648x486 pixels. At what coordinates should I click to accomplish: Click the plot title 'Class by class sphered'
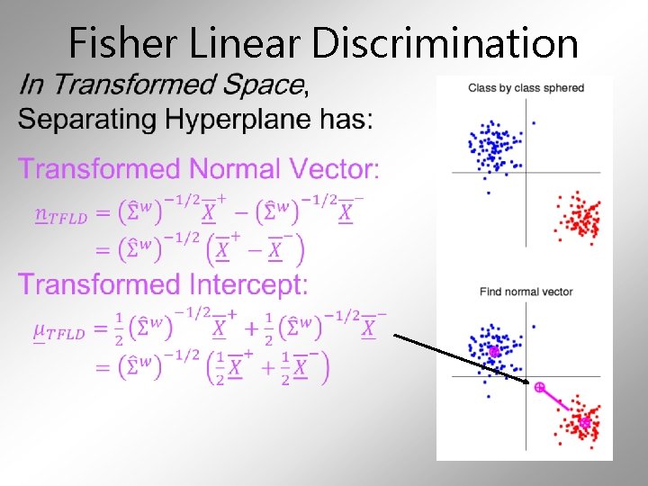(526, 88)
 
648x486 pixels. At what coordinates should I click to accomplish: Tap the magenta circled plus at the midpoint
(539, 387)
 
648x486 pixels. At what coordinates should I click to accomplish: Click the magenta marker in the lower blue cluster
(493, 351)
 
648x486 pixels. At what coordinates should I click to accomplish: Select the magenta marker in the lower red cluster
(585, 422)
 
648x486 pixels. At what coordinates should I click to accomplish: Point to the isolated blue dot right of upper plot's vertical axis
(534, 122)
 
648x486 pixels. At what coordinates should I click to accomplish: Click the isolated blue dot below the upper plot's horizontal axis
(488, 192)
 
